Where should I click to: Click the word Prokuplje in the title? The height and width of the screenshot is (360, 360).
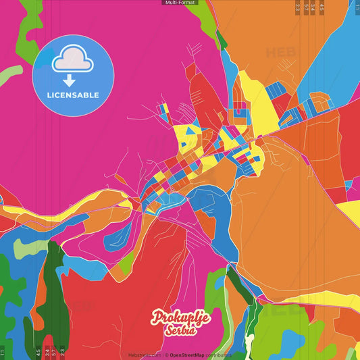click(x=180, y=317)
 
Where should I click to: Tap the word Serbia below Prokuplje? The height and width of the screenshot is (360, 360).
click(x=181, y=330)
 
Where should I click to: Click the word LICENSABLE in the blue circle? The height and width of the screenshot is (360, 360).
click(x=73, y=95)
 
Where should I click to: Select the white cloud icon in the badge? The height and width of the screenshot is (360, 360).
click(x=73, y=60)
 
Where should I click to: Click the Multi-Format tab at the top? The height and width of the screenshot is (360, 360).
click(x=180, y=3)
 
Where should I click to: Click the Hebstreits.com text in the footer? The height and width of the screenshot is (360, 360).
click(x=145, y=355)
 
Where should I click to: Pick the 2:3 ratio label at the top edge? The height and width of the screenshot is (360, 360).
click(x=298, y=7)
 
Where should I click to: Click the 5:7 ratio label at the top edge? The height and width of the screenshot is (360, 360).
click(x=306, y=7)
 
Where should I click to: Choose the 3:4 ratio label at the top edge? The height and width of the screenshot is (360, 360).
click(x=313, y=7)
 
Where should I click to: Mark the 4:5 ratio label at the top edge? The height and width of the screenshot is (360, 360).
click(x=322, y=7)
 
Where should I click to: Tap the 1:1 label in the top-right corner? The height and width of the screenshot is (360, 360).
click(x=357, y=7)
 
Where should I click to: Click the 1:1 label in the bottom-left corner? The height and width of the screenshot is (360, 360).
click(x=3, y=352)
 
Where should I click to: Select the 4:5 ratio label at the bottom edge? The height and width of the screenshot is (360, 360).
click(x=38, y=352)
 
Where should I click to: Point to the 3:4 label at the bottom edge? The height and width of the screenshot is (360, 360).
click(x=47, y=352)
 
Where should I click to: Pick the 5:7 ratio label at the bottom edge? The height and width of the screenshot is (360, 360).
click(x=54, y=352)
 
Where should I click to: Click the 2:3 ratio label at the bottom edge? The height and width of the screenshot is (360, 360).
click(x=62, y=352)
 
